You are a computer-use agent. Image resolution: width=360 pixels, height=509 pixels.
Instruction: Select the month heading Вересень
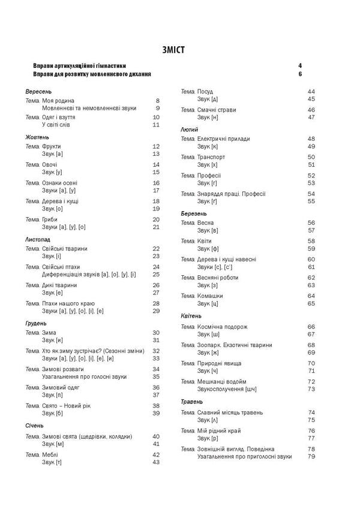39,91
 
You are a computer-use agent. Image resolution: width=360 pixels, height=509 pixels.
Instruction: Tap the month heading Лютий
190,129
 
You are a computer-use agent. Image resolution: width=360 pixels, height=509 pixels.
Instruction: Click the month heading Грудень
38,321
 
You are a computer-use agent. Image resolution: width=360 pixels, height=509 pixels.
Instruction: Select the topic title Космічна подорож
222,327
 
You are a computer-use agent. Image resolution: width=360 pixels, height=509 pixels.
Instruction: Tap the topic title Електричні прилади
223,138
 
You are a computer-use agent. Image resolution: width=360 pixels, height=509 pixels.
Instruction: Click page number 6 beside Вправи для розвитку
299,74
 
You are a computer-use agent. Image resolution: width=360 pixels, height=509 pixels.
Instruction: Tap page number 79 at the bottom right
311,457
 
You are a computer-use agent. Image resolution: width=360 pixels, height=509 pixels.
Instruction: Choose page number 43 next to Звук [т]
156,462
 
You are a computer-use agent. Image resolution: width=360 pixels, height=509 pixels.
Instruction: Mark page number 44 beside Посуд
311,91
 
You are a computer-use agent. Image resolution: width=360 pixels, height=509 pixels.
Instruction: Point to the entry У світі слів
60,125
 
